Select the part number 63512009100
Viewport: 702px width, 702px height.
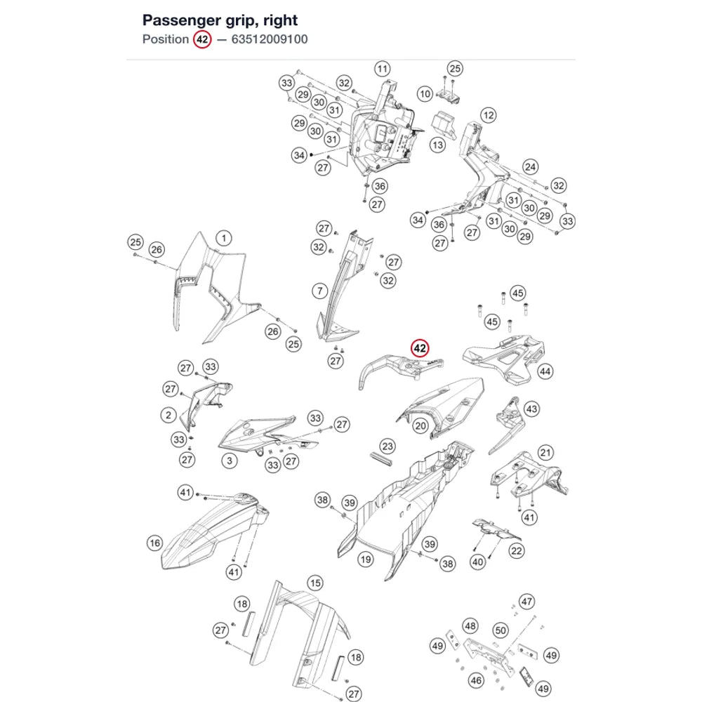tap(270, 39)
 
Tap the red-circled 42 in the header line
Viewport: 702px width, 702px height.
tap(202, 39)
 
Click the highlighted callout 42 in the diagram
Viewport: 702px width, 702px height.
tap(420, 348)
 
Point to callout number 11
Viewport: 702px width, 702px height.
tap(383, 69)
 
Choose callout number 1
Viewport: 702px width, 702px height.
tap(224, 238)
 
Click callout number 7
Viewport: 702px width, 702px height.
tap(319, 291)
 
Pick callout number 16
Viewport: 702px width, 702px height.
tap(155, 543)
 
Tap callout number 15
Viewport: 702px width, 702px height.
tap(315, 583)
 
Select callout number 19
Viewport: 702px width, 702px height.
tap(366, 559)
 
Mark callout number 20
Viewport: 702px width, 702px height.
tap(420, 426)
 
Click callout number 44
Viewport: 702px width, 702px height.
tap(545, 371)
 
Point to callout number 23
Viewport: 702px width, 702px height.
tap(388, 446)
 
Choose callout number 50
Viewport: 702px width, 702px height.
tap(501, 631)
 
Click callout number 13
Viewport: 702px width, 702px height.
tap(437, 145)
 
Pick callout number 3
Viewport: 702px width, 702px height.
tap(230, 461)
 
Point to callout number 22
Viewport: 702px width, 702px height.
tap(516, 550)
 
